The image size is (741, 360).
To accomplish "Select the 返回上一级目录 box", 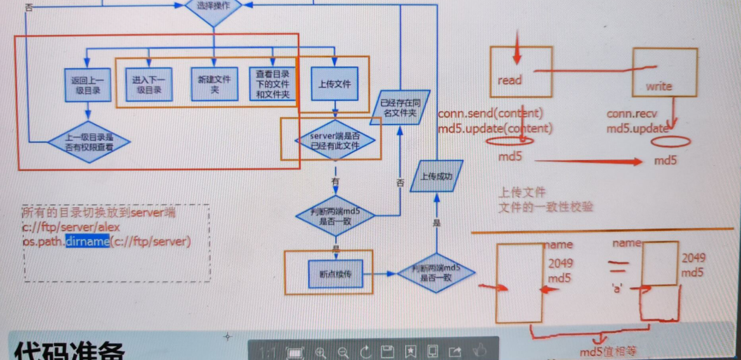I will point(88,84).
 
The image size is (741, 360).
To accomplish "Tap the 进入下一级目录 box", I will point(148,84).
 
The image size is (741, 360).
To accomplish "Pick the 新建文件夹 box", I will point(214,84).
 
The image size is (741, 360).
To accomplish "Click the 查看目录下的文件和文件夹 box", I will point(272,84).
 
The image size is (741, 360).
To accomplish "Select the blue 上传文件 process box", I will point(334,84).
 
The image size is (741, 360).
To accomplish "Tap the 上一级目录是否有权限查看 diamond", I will point(88,141).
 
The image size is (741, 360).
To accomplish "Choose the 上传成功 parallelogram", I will point(436,177).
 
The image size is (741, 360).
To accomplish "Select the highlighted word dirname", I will point(87,242).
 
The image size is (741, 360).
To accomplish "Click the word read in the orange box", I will point(510,80).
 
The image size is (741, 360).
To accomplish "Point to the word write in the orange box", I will point(658,86).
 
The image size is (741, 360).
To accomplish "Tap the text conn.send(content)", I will point(490,114).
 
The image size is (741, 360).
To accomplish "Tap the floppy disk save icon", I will point(387,352).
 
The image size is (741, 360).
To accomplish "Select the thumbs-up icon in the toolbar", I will point(479,351).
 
